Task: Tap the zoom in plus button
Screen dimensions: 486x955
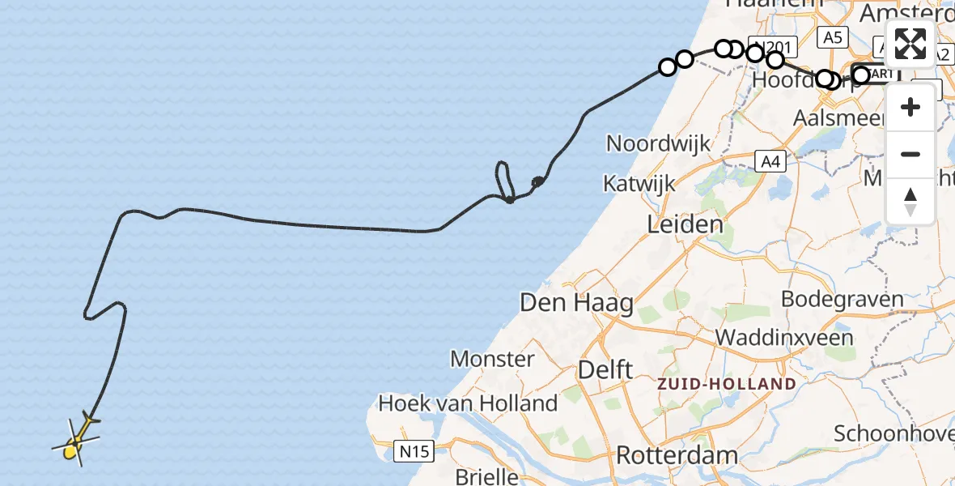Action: point(910,108)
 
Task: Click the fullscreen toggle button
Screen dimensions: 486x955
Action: point(910,44)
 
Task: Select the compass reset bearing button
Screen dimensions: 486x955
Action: point(910,200)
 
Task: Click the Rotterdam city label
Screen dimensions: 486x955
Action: point(677,454)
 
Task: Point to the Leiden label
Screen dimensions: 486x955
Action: point(685,224)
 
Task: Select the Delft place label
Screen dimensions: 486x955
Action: point(605,369)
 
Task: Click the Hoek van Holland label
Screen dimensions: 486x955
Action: point(468,403)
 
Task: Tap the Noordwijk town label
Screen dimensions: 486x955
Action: point(658,144)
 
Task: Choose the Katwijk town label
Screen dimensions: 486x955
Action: point(639,184)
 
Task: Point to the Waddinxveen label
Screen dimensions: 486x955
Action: point(784,337)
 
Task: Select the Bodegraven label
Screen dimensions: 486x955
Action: point(842,298)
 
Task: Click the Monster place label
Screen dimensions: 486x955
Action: point(492,359)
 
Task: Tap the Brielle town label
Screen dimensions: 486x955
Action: point(486,475)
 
